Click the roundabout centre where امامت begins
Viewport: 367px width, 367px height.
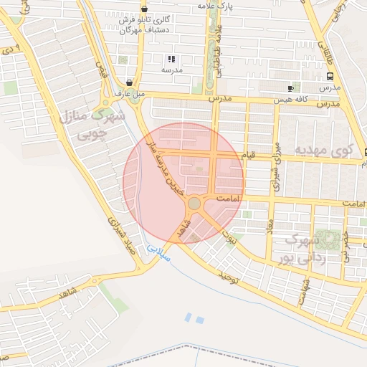click(194, 204)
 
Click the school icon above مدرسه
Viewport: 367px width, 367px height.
click(171, 59)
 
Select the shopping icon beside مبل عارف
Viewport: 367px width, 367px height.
click(128, 82)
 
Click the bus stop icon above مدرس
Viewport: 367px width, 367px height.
click(329, 76)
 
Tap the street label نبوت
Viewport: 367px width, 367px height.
click(231, 233)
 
